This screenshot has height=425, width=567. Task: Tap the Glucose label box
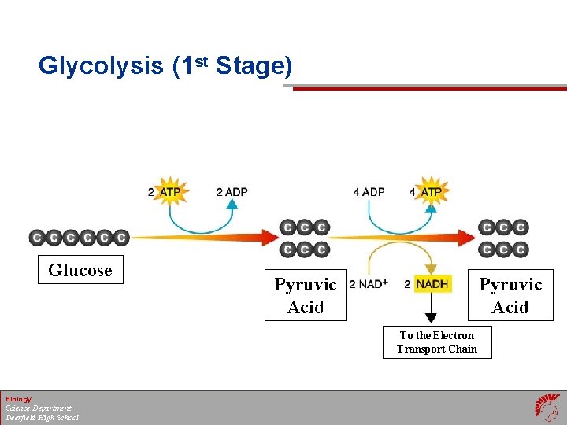point(80,270)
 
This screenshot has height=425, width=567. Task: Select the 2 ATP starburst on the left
point(170,191)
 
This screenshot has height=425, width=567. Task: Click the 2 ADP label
point(232,192)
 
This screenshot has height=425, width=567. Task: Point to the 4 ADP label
point(369,192)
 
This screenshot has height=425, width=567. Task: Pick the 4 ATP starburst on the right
point(431,191)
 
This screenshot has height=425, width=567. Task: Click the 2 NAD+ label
point(369,283)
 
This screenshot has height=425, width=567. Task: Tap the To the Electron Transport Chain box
point(437,342)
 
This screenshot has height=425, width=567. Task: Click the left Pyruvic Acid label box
point(306,295)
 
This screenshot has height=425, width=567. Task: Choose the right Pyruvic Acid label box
point(510,295)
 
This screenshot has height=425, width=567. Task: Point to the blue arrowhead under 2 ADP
point(232,205)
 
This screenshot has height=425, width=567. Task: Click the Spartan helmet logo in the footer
point(547,408)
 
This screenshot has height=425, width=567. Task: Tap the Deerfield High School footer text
point(42,417)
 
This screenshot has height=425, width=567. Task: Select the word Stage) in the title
point(253,66)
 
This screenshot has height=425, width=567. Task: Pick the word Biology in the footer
point(18,399)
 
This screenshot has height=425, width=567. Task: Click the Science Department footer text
point(38,408)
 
